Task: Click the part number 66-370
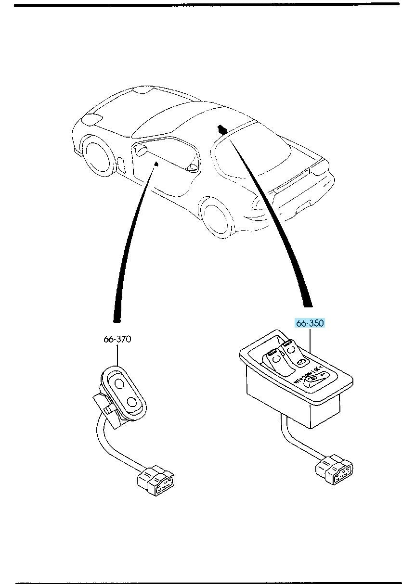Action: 117,339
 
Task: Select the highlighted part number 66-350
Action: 310,323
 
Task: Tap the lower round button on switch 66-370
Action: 131,402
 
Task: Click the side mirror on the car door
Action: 140,151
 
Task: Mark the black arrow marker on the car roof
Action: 222,129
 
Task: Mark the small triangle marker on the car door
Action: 156,165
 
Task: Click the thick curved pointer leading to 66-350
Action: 279,231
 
